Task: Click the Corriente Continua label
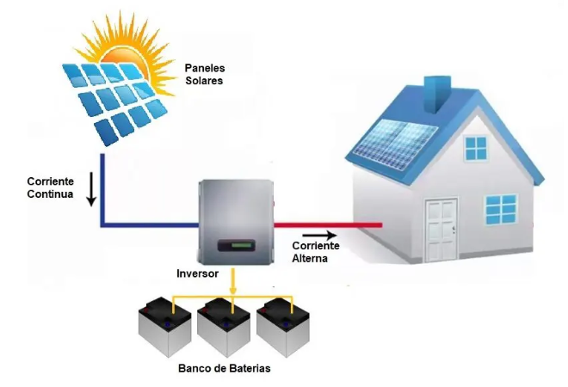[50, 188]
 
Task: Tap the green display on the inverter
[235, 248]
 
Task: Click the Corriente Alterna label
[316, 252]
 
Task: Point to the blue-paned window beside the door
[501, 208]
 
